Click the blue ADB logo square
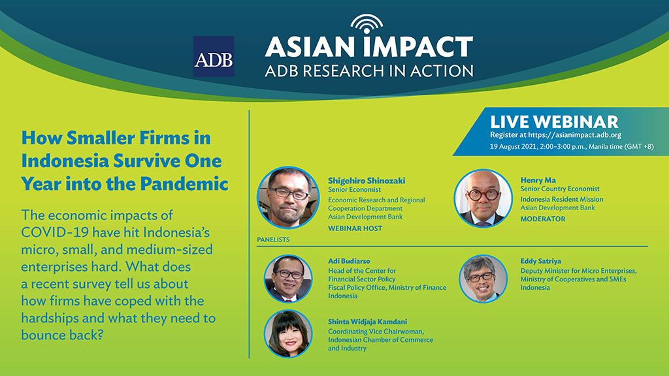coord(214,56)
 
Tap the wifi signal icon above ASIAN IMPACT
coord(367,23)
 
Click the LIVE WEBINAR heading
coord(554,121)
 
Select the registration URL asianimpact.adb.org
coord(574,134)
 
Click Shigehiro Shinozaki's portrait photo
coord(288,197)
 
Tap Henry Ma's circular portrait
coord(483,198)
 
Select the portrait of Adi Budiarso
coord(288,278)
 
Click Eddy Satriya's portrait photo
coord(483,278)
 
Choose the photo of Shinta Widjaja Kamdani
coord(288,334)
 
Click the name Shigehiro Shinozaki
coord(367,180)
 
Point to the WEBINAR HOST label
coord(355,228)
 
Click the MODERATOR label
coord(543,219)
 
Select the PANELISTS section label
coord(273,240)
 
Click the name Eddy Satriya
coord(540,261)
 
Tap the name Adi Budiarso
coord(349,261)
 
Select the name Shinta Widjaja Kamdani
coord(367,322)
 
